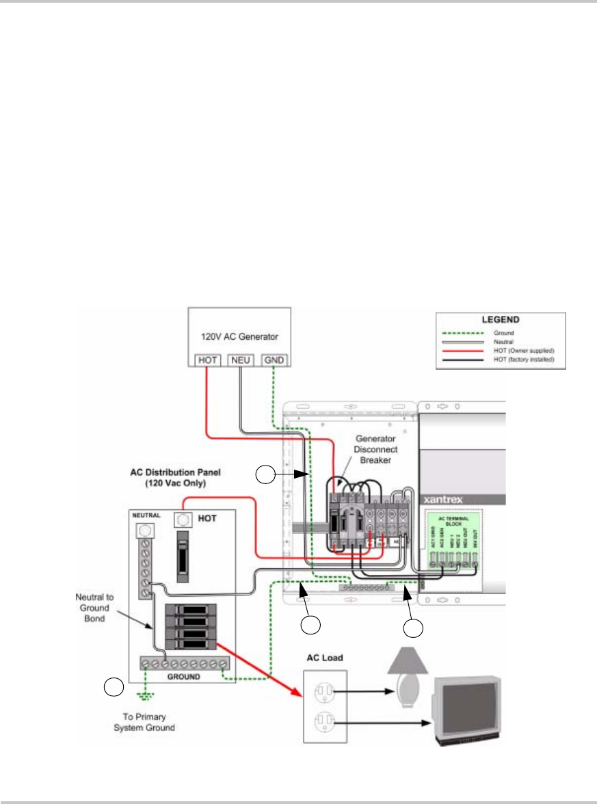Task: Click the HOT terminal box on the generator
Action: click(x=208, y=359)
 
